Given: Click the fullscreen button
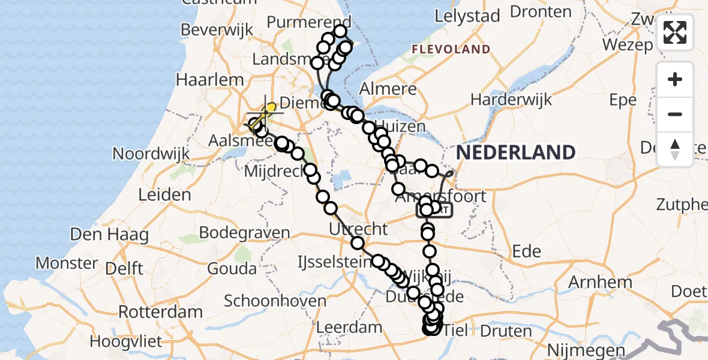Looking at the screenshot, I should click(675, 32).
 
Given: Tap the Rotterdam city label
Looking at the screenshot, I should click(160, 312).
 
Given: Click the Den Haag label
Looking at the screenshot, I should click(109, 234).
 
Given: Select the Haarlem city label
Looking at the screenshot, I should click(210, 80).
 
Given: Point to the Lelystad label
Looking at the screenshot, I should click(467, 16).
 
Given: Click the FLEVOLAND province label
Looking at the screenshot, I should click(451, 49).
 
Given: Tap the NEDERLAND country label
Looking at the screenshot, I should click(515, 152).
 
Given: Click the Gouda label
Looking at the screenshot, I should click(232, 268).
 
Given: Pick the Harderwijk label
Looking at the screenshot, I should click(511, 99).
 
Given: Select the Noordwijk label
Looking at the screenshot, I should click(151, 154).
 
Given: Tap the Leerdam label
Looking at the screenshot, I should click(349, 328).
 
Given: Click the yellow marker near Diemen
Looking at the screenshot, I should click(271, 107).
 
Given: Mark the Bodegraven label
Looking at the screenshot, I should click(245, 232).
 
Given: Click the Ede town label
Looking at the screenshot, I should click(527, 251).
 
